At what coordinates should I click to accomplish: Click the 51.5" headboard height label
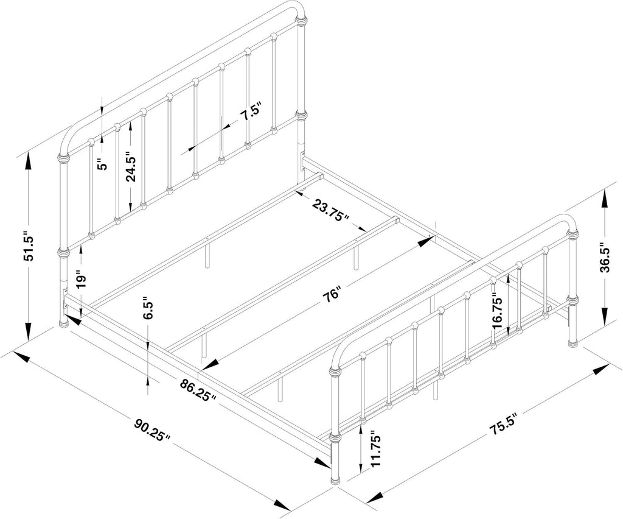coord(29,246)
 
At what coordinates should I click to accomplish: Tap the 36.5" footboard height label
coord(604,258)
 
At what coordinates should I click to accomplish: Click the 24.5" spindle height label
coord(131,166)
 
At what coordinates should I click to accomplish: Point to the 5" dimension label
coord(103,164)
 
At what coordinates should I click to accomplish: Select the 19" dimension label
coord(81,281)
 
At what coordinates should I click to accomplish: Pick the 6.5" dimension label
coord(148,308)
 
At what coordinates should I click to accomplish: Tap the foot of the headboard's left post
coord(63,322)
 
